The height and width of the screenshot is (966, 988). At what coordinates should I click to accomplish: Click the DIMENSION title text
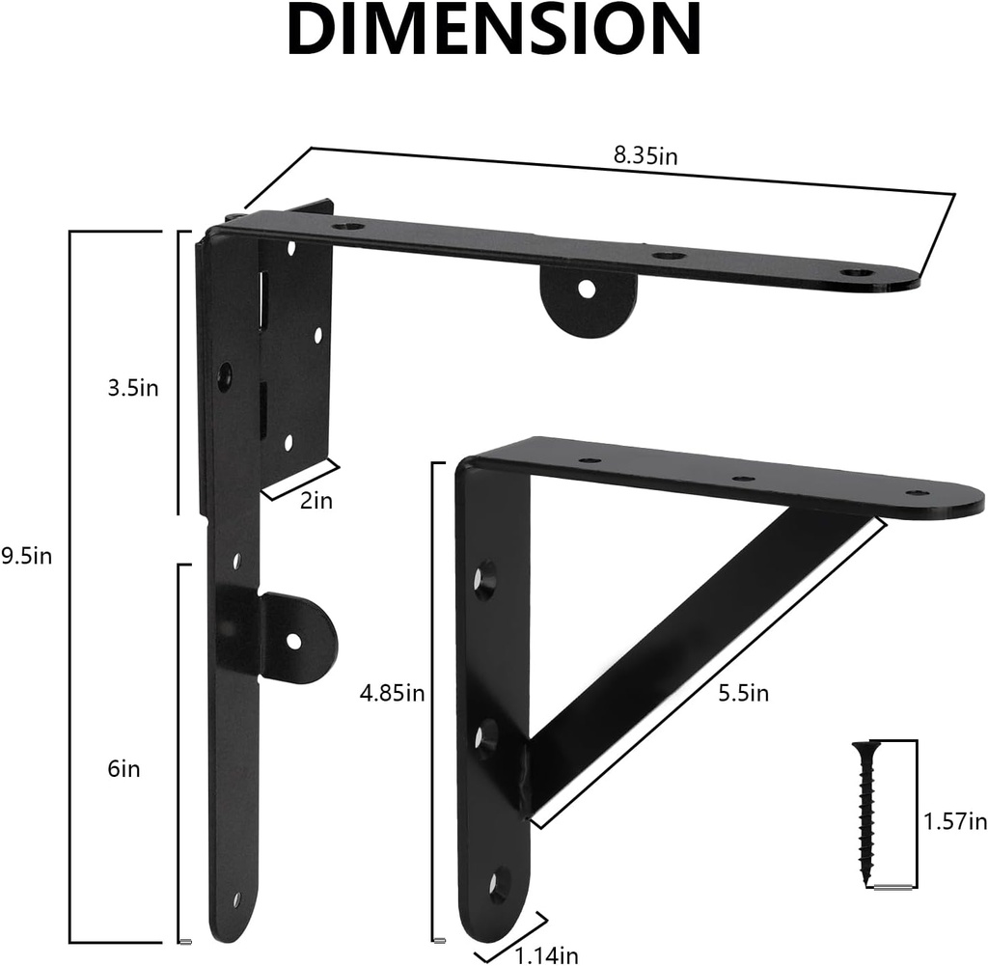(493, 31)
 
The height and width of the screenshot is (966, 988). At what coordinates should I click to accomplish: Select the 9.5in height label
(26, 557)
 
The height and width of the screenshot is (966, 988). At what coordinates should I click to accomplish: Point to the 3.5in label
(132, 388)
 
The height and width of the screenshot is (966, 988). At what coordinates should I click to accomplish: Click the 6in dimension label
(123, 769)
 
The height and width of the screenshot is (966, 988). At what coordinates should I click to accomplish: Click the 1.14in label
(546, 955)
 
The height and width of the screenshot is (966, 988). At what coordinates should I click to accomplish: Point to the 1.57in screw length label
(954, 821)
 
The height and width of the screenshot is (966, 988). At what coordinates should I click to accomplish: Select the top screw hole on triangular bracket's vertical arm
(482, 579)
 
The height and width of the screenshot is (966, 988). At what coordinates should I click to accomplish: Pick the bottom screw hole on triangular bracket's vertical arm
(499, 883)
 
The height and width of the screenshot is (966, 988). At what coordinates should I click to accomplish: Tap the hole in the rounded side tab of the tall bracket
(294, 640)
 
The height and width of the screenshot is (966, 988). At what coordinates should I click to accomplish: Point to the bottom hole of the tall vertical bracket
(236, 898)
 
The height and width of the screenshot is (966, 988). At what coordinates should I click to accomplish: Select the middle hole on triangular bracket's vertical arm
(484, 737)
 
